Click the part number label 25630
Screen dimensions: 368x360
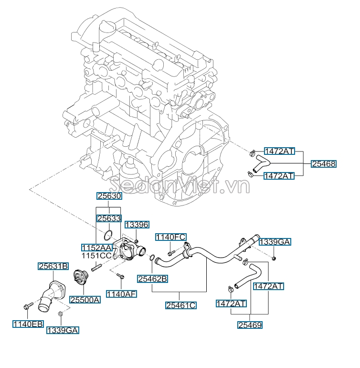[x=109, y=196]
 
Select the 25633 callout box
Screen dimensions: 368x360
[x=109, y=218]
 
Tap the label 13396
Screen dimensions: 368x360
[x=137, y=225]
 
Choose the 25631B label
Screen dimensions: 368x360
[x=53, y=266]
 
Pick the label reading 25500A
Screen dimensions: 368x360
[x=85, y=300]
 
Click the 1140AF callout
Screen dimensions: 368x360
[x=121, y=293]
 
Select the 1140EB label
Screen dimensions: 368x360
[x=27, y=324]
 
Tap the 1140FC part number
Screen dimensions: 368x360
[x=170, y=237]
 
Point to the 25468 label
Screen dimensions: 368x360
[x=324, y=163]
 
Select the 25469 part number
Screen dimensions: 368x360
[x=250, y=325]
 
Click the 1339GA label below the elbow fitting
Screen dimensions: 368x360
[x=63, y=330]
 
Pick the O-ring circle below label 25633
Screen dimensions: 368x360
[x=108, y=235]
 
